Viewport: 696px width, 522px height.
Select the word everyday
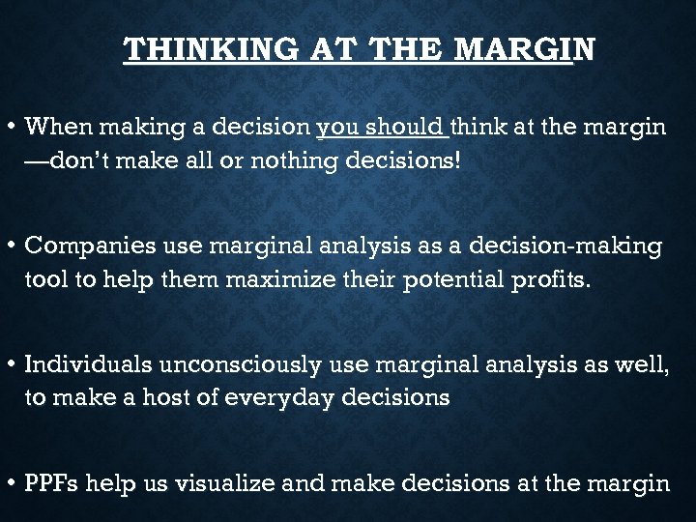click(x=286, y=397)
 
